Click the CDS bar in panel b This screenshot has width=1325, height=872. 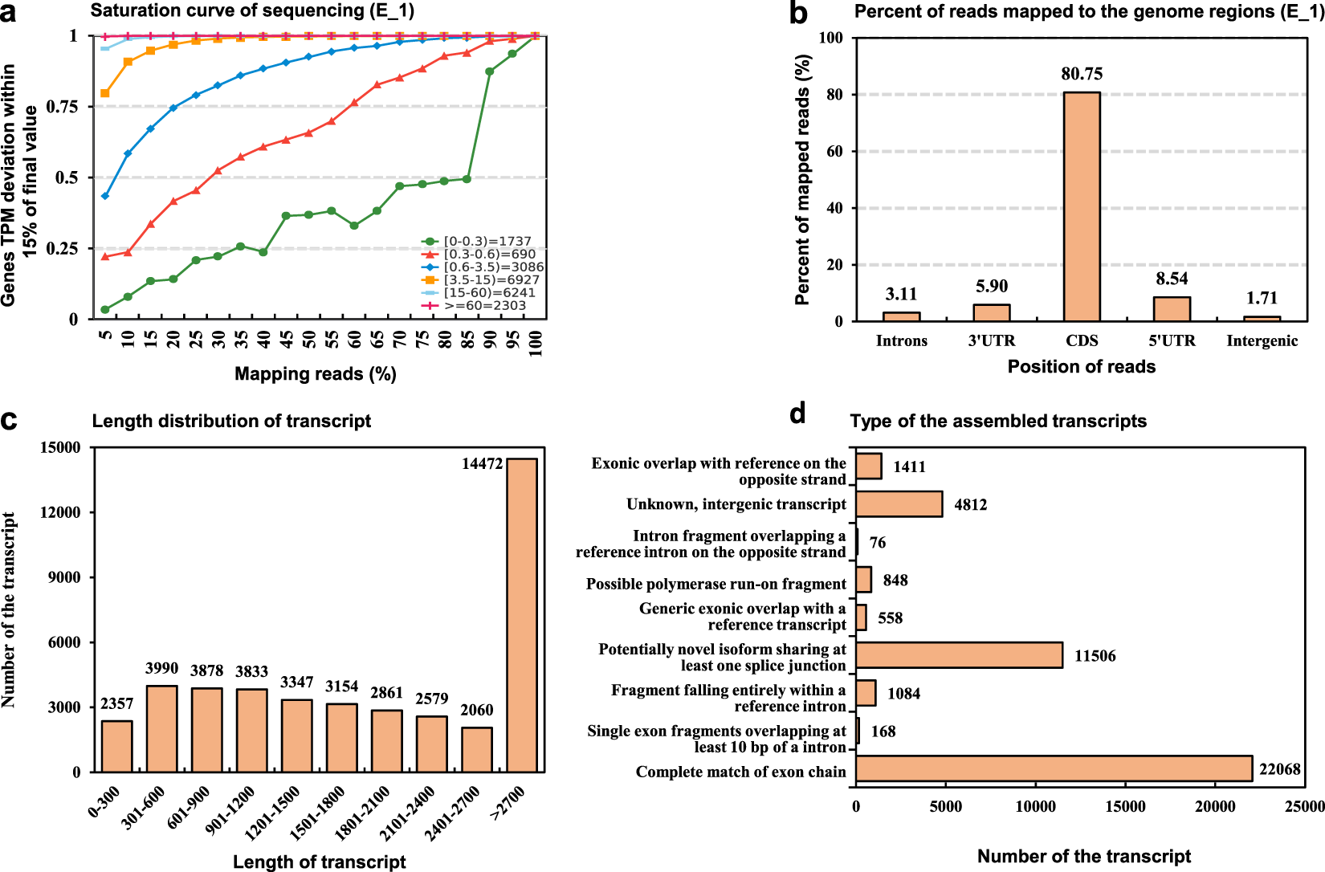tap(1082, 206)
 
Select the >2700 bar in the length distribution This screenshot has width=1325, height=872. tap(522, 615)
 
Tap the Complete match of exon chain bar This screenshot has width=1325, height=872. tap(1054, 768)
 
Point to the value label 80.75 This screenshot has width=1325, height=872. tap(1082, 74)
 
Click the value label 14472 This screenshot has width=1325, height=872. tap(482, 463)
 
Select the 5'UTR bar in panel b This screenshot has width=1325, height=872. tap(1172, 309)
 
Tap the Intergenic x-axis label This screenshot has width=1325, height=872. tap(1262, 340)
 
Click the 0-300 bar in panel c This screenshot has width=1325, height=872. tap(117, 746)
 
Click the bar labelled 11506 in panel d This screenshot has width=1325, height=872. tap(959, 655)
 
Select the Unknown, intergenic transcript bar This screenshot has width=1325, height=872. tap(899, 504)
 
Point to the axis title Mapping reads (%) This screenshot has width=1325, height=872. tap(315, 374)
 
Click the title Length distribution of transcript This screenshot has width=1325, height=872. tap(231, 421)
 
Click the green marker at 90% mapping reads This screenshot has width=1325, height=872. tap(489, 71)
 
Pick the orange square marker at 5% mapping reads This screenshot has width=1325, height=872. tap(105, 93)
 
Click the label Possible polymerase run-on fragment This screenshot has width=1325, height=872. tap(715, 584)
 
